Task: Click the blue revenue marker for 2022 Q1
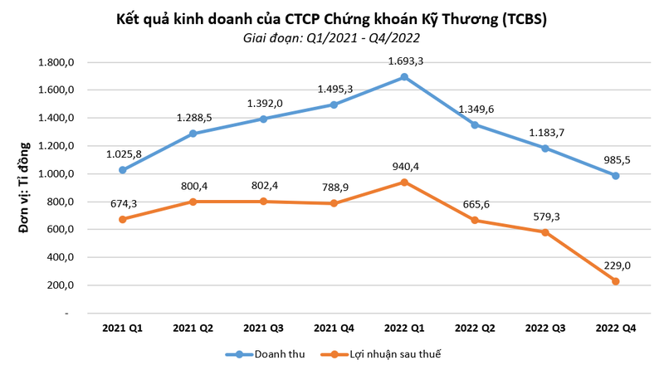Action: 403,77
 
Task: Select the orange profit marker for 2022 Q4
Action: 616,281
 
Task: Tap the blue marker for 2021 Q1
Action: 123,170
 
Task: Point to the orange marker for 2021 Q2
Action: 193,202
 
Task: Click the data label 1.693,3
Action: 405,61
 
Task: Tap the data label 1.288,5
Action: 194,118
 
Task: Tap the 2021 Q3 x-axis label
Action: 263,329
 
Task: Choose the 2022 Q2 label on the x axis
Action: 475,329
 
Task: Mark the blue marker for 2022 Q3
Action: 544,148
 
